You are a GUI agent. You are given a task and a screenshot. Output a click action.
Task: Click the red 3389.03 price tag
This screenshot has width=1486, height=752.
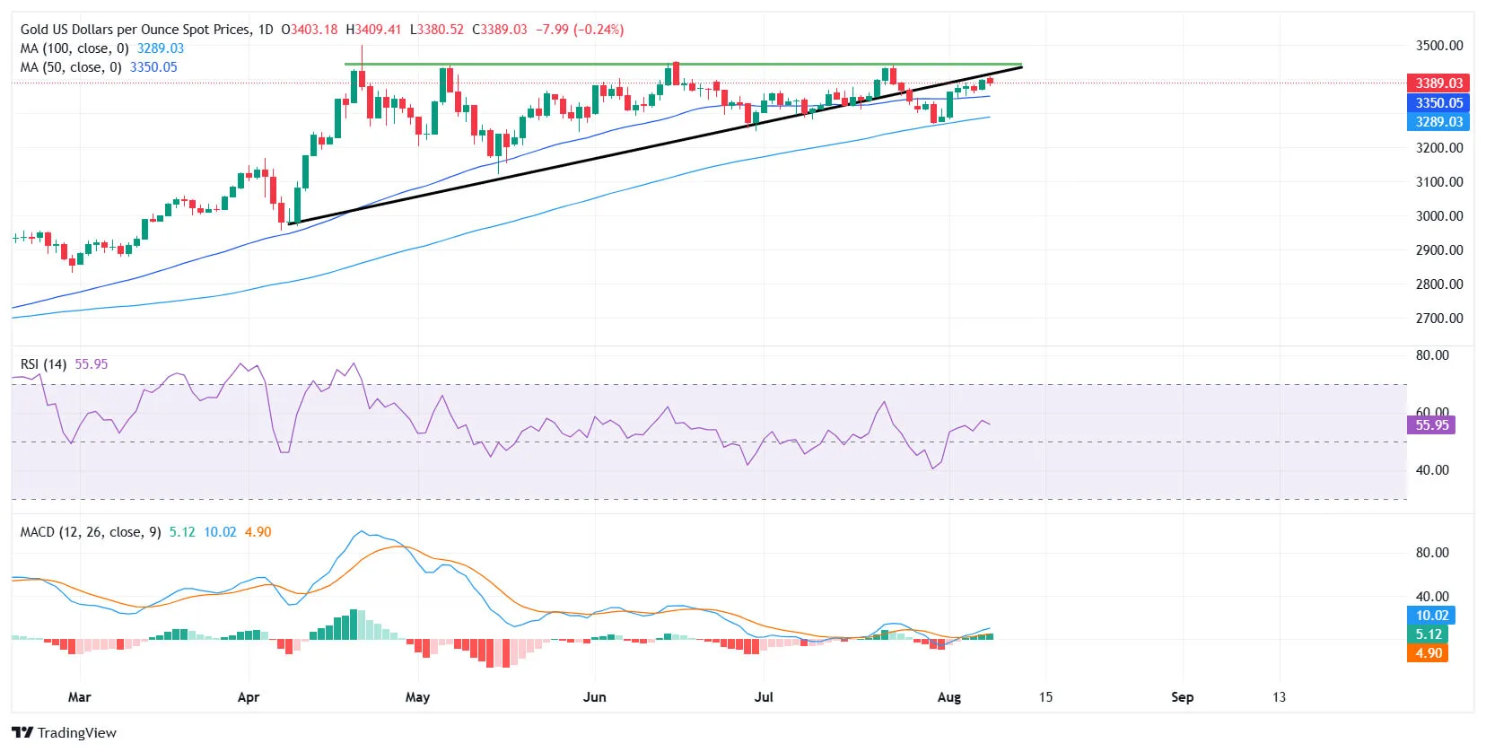pyautogui.click(x=1438, y=83)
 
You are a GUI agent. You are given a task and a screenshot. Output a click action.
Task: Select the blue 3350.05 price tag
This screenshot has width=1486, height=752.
pyautogui.click(x=1438, y=103)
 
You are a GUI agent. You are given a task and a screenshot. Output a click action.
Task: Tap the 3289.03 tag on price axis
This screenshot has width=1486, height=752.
pyautogui.click(x=1438, y=122)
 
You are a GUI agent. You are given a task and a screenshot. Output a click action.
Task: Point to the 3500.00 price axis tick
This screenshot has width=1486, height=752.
pyautogui.click(x=1438, y=46)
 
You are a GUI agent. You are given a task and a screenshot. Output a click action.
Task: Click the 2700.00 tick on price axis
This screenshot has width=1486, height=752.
pyautogui.click(x=1438, y=319)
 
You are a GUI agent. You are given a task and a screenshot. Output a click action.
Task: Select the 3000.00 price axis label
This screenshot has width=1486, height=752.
pyautogui.click(x=1438, y=216)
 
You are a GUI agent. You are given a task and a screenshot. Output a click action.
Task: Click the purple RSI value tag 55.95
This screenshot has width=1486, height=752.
pyautogui.click(x=1431, y=425)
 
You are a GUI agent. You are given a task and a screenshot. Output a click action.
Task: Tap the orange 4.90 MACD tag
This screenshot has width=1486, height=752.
pyautogui.click(x=1428, y=653)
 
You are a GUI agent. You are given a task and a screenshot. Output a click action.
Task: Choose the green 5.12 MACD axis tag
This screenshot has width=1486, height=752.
pyautogui.click(x=1428, y=634)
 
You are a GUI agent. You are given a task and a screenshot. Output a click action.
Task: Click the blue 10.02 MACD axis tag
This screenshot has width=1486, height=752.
pyautogui.click(x=1431, y=616)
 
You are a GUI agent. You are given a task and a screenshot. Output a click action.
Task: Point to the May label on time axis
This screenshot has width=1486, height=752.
pyautogui.click(x=417, y=697)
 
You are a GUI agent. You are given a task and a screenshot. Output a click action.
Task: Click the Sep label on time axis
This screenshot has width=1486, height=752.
pyautogui.click(x=1182, y=697)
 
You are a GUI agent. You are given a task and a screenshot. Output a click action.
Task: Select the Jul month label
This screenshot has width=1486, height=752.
pyautogui.click(x=764, y=697)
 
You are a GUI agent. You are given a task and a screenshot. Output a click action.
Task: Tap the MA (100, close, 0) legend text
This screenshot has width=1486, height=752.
pyautogui.click(x=74, y=48)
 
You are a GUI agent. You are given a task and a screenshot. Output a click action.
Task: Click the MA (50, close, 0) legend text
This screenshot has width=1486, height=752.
pyautogui.click(x=71, y=67)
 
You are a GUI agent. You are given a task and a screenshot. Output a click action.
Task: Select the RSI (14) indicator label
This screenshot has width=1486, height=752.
pyautogui.click(x=43, y=364)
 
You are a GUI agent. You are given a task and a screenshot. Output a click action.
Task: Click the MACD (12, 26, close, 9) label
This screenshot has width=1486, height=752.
pyautogui.click(x=91, y=532)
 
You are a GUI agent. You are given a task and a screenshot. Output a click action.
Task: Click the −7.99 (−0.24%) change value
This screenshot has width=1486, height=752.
pyautogui.click(x=579, y=30)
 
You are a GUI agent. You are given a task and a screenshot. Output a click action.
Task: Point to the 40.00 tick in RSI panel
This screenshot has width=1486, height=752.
pyautogui.click(x=1431, y=470)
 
